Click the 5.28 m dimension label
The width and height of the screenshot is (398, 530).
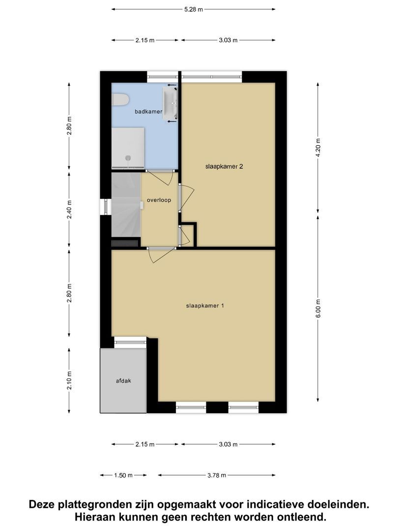tap(193, 9)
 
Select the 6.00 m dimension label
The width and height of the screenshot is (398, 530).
tap(318, 308)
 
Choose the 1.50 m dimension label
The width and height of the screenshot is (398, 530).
tap(123, 475)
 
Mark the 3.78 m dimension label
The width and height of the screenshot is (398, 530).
tap(216, 475)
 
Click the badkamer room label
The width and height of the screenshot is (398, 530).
tap(148, 112)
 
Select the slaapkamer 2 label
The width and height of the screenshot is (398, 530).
tap(225, 166)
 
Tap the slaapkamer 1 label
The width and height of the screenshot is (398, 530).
tap(205, 306)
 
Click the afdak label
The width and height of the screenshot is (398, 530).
tap(123, 380)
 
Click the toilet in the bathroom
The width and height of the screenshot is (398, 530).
tap(119, 100)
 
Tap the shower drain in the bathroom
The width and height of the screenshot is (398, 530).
tap(128, 158)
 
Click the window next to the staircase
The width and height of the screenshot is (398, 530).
tap(105, 206)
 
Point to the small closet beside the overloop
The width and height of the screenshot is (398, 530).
tap(186, 236)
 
